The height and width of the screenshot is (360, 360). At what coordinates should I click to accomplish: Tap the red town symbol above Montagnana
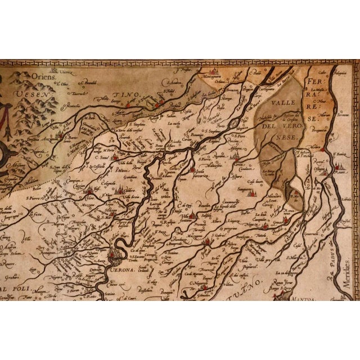(x=214, y=72)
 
